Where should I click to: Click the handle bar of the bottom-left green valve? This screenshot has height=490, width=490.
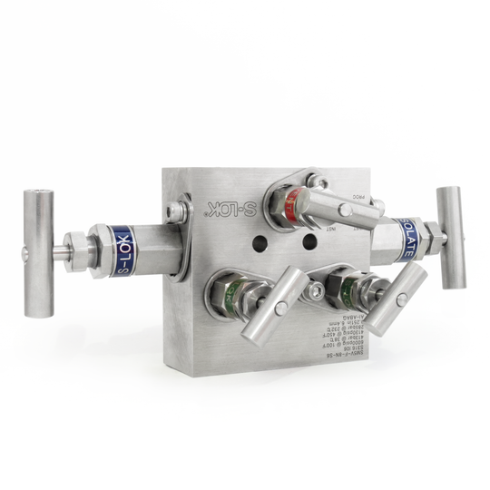[x=270, y=306]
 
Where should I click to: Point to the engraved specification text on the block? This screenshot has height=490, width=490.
[x=340, y=334]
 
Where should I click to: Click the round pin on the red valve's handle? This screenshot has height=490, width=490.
[x=345, y=210]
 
